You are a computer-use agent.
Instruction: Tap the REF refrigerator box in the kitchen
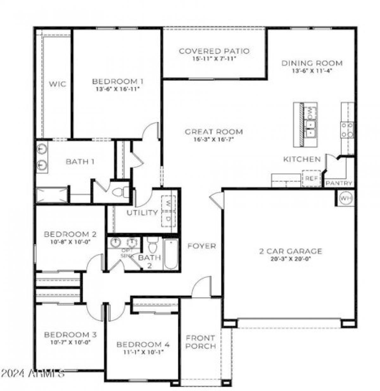[x=311, y=179]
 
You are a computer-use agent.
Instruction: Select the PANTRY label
[x=339, y=183]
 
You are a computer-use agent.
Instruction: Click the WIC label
[x=57, y=84]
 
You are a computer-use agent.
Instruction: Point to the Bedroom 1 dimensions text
[x=117, y=89]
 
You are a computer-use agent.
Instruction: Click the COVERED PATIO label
[x=214, y=51]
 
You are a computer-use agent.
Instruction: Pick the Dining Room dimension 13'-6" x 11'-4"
[x=312, y=71]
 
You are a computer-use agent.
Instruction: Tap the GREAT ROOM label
[x=214, y=132]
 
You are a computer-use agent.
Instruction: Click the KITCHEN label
[x=301, y=159]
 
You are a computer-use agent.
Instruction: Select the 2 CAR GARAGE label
[x=290, y=251]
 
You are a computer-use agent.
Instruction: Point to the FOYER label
[x=201, y=246]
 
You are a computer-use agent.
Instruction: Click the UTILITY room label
[x=142, y=212]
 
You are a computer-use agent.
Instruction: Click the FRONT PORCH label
[x=200, y=342]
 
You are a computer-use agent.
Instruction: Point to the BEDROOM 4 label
[x=143, y=344]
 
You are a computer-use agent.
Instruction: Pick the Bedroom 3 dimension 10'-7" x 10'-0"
[x=70, y=342]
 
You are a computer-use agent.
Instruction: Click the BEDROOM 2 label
[x=70, y=234]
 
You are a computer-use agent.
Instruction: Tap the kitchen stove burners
[x=347, y=130]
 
